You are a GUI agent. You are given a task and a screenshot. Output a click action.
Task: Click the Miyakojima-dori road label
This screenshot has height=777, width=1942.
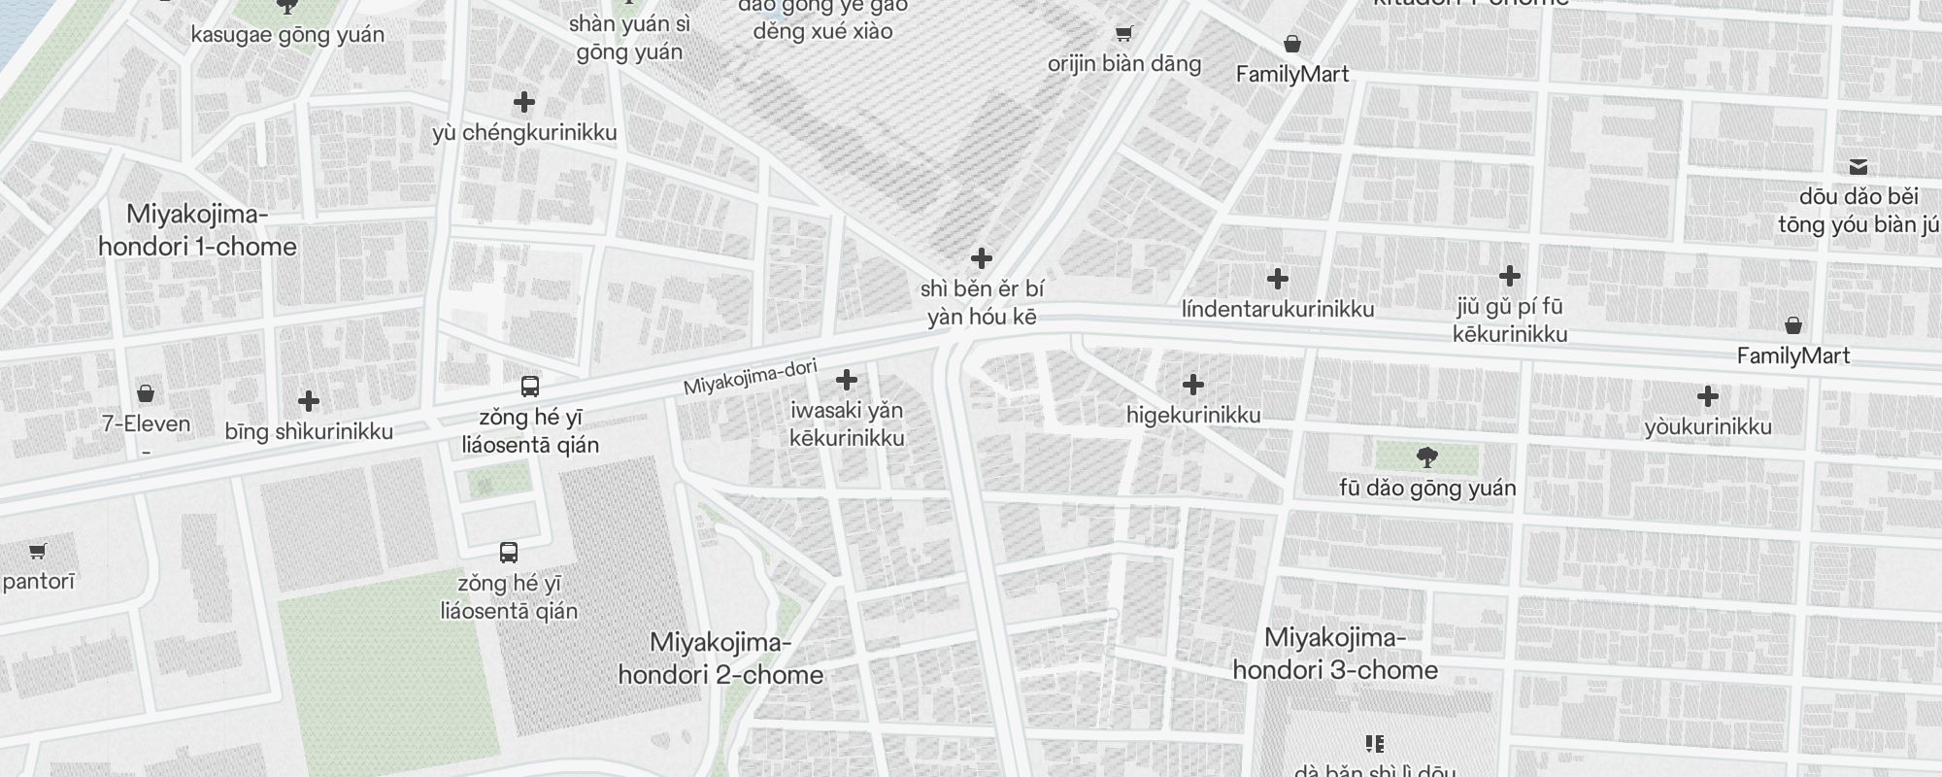750,378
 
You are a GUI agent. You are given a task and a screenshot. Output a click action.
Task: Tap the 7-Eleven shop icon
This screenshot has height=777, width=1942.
146,393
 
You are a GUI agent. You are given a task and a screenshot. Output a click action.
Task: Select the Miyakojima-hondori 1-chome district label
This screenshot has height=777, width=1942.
197,230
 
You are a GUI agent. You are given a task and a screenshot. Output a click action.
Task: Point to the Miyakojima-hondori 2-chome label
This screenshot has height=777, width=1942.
720,659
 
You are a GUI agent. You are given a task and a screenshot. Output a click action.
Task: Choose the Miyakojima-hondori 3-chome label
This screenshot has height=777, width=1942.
1335,654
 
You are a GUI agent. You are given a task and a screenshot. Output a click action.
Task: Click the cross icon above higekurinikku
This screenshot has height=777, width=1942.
1193,385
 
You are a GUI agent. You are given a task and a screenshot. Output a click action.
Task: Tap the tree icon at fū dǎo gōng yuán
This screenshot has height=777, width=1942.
1426,457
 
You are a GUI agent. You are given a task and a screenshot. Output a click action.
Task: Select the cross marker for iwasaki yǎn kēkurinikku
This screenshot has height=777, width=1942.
847,379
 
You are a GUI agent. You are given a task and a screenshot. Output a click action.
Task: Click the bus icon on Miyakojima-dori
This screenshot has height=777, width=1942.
530,387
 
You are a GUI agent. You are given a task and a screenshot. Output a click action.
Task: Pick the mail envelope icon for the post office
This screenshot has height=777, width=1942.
1858,167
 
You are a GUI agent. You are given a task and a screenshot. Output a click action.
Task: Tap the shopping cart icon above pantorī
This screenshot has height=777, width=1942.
37,552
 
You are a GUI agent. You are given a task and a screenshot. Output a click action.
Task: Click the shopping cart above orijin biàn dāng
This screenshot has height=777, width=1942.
1123,34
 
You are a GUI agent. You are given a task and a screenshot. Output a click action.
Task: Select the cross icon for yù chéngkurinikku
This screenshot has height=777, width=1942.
524,102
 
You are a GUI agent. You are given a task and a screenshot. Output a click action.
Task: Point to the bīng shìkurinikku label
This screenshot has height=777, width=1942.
309,431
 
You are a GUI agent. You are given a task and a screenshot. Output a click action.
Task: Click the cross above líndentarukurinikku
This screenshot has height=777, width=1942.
1278,279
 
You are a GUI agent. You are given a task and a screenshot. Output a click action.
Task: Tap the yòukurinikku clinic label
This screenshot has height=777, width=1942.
1708,426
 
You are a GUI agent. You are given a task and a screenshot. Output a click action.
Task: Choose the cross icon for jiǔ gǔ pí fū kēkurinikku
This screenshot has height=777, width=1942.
1510,276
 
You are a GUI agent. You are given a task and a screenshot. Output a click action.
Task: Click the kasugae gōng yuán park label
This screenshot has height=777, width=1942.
287,35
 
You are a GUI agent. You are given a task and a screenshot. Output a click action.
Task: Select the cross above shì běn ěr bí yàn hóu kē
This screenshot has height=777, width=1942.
982,258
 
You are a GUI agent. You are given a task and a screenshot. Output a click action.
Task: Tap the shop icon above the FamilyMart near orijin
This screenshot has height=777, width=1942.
1292,44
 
